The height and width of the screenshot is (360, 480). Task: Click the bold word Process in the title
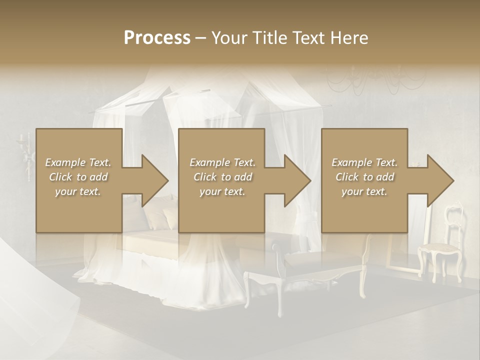click(157, 38)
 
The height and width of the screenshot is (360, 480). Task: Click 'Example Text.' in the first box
click(78, 162)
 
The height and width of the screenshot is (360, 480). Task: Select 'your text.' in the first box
click(78, 191)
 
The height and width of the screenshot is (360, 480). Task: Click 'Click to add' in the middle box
click(222, 177)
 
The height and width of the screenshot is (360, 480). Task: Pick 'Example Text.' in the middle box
click(222, 162)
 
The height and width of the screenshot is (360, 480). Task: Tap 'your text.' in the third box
click(364, 191)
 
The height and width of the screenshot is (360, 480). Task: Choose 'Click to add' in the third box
click(364, 177)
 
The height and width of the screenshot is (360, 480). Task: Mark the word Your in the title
click(229, 38)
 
